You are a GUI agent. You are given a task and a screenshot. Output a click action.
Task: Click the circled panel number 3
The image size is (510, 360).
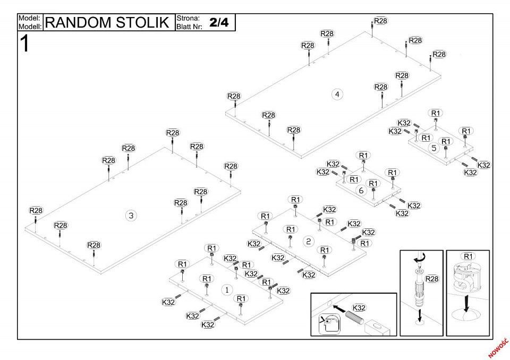(x=131, y=215)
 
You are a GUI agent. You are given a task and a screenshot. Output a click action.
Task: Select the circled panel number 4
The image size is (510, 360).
(x=337, y=95)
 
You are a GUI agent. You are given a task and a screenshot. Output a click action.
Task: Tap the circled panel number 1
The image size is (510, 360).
(x=227, y=290)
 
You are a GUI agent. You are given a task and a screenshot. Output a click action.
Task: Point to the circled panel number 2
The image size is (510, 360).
(x=308, y=241)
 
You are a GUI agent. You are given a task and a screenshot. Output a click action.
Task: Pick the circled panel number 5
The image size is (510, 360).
(x=434, y=148)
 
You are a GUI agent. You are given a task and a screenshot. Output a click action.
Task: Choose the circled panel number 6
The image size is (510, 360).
(x=361, y=190)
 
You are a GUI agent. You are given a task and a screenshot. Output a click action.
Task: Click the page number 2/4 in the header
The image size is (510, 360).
(x=219, y=22)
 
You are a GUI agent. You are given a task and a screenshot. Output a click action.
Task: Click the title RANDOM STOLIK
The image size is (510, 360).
(x=107, y=22)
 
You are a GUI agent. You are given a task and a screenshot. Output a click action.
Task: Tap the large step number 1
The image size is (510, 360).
(x=25, y=44)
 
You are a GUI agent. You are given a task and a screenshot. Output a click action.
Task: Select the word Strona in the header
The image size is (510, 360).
(x=188, y=18)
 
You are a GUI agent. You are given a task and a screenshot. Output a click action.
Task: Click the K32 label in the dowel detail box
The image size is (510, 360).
(x=359, y=307)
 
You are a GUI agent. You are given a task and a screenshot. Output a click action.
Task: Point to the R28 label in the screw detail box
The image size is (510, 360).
(x=431, y=279)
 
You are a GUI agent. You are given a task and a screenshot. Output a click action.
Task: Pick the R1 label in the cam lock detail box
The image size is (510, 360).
(x=467, y=256)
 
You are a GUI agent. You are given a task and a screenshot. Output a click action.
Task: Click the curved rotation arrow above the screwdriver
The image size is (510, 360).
(x=419, y=258)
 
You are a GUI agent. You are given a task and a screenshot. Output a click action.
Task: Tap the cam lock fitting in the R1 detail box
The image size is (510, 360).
(x=466, y=277)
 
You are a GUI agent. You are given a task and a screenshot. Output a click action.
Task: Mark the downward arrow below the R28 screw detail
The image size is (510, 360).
(x=420, y=315)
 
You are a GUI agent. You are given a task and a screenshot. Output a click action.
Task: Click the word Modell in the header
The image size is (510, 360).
(x=30, y=27)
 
